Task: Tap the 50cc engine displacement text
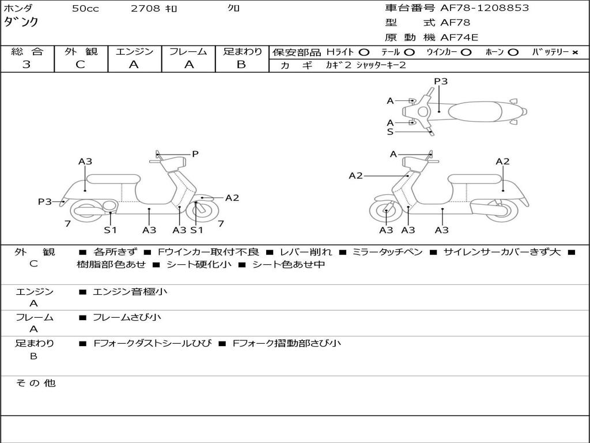tap(85, 9)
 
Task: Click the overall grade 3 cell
tap(27, 65)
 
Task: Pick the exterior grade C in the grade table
tap(81, 65)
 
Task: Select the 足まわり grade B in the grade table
tap(241, 65)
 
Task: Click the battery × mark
tap(574, 52)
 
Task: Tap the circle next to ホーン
tap(513, 52)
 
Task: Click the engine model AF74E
tap(459, 38)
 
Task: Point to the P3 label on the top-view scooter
tap(441, 81)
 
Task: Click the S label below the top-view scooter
tap(390, 132)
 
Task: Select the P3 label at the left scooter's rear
tap(44, 201)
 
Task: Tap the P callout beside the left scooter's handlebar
tap(195, 154)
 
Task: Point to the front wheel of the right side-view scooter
tap(385, 213)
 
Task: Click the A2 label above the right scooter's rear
tap(502, 162)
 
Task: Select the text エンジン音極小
tap(130, 292)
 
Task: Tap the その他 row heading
tap(35, 383)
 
